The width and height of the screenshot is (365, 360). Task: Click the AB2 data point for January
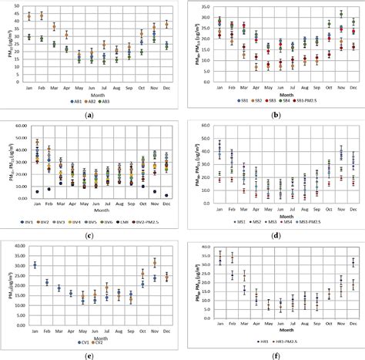coord(28,16)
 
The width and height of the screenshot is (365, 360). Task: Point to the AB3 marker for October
coord(142,52)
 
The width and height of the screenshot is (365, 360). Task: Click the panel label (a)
coord(91,114)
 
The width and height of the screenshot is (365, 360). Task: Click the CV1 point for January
coord(35,265)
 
